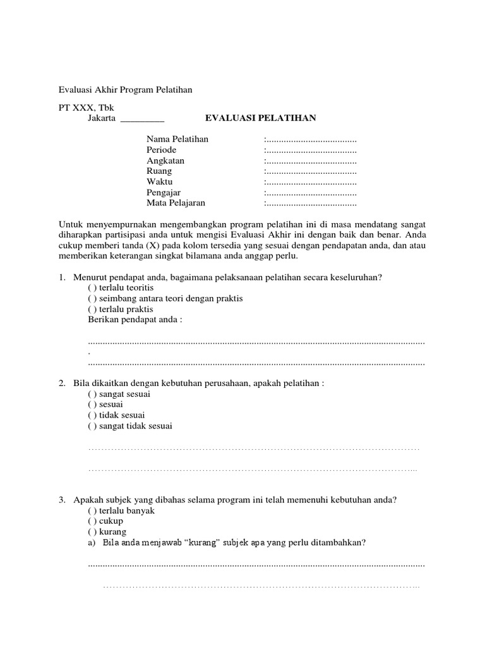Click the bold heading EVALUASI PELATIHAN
point(261,118)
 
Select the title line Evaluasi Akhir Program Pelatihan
point(125,90)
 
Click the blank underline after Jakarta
point(141,119)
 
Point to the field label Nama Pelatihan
point(177,139)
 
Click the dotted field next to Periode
point(311,150)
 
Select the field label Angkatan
point(165,160)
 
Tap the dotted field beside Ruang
point(311,171)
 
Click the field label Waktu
point(160,182)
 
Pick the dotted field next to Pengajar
point(311,193)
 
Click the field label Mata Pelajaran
point(176,203)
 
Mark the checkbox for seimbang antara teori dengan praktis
point(92,298)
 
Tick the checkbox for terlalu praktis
point(92,309)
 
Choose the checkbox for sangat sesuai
point(92,394)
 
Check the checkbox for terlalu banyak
point(92,511)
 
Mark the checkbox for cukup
point(92,521)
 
